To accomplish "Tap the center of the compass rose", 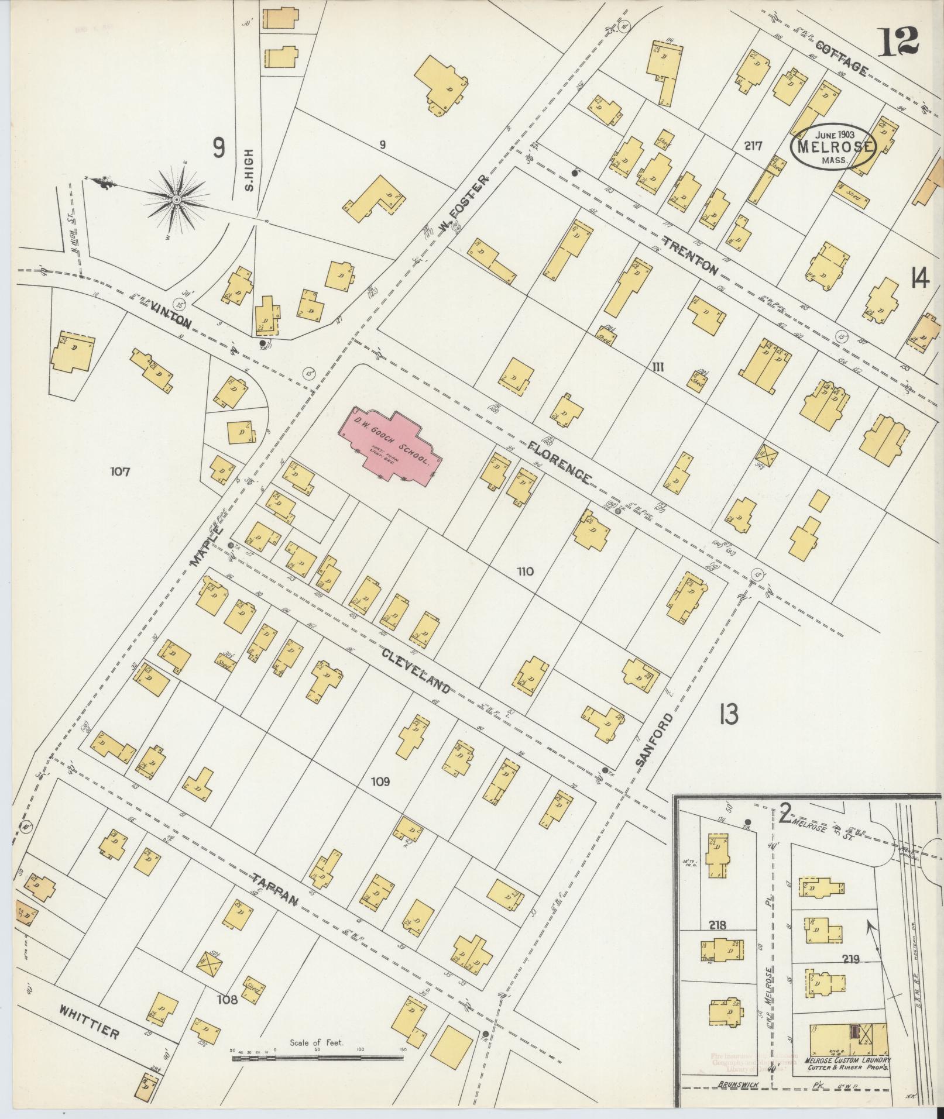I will [176, 200].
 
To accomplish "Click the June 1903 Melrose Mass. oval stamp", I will [833, 146].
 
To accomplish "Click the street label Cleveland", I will [416, 670].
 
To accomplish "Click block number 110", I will [525, 571].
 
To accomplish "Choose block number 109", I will [380, 781].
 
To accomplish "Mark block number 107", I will [122, 471].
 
